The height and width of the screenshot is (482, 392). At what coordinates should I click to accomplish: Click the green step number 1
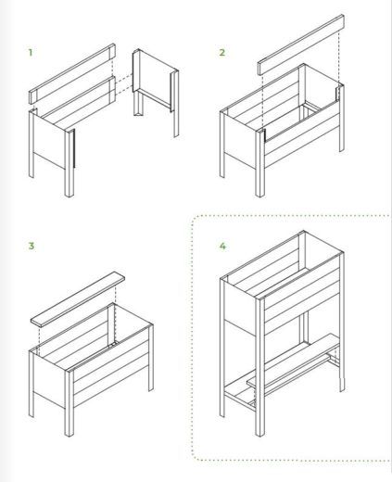pos(31,53)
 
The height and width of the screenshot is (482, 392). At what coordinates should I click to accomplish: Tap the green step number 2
pos(222,53)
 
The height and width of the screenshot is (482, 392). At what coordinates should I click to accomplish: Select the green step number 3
pos(32,246)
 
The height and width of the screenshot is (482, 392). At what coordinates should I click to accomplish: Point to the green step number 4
pos(222,246)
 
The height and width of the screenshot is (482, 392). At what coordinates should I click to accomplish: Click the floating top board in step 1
pos(72,73)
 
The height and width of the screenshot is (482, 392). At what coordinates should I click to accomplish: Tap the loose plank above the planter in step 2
pos(301,44)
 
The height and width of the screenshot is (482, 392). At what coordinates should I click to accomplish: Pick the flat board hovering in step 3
pos(78,298)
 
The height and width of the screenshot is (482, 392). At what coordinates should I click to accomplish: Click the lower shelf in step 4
pos(294,360)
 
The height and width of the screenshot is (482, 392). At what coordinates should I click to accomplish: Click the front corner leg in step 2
pos(260,163)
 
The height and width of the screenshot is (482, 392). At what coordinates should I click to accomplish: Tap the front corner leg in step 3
pos(70,402)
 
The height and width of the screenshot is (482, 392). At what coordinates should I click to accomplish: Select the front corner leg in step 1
pos(70,163)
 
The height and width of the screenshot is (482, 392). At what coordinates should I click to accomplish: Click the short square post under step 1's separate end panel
pos(138,103)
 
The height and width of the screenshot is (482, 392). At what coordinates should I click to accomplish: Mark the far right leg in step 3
pos(151,358)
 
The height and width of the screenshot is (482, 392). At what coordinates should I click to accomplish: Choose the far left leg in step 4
pos(222,348)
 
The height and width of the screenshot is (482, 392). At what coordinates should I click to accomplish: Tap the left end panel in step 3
pos(49,379)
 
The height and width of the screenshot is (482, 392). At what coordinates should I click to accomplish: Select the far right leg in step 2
pos(342,118)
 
